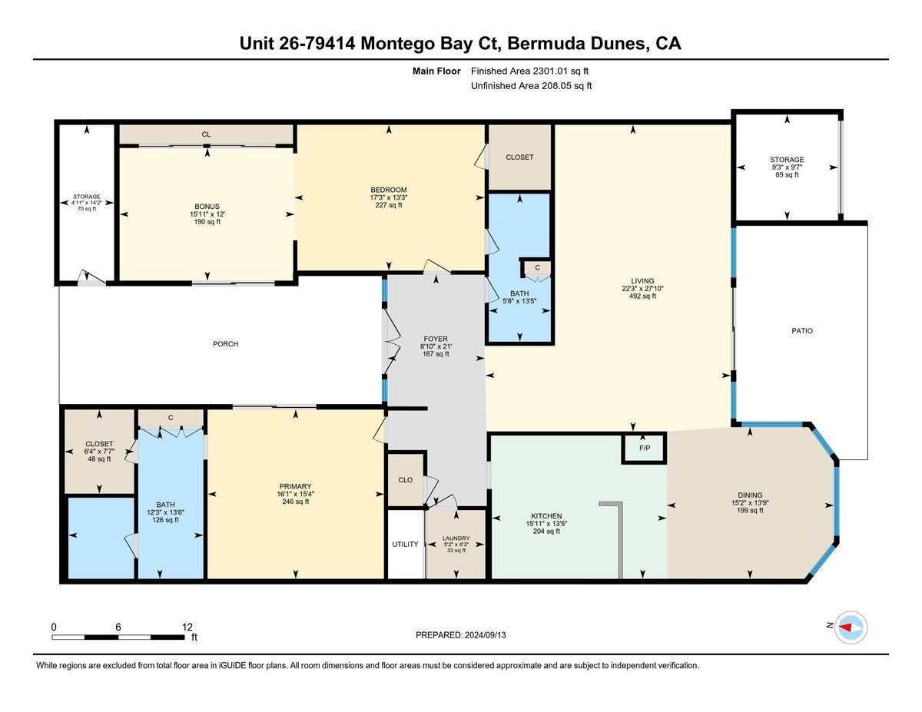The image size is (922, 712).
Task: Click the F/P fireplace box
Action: (x=644, y=448)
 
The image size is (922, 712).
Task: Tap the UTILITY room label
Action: (x=405, y=544)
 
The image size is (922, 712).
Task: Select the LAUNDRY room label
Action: (x=456, y=538)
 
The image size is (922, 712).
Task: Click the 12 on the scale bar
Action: (x=187, y=627)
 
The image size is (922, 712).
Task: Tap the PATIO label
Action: (x=802, y=331)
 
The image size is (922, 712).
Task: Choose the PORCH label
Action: (x=225, y=344)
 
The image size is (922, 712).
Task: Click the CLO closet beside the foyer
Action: (x=406, y=479)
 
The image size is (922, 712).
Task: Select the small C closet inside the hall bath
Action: (x=537, y=267)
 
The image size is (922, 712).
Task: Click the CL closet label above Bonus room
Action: (x=206, y=134)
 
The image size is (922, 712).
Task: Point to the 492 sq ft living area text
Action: (x=642, y=296)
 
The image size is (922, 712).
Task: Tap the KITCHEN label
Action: (x=546, y=516)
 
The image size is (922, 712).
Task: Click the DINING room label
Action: (x=750, y=495)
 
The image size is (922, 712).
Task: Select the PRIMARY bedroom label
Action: (x=295, y=486)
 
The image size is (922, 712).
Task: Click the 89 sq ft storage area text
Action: (x=787, y=174)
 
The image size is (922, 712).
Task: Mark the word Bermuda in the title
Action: (x=546, y=44)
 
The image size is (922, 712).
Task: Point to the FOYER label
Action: (x=436, y=339)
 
